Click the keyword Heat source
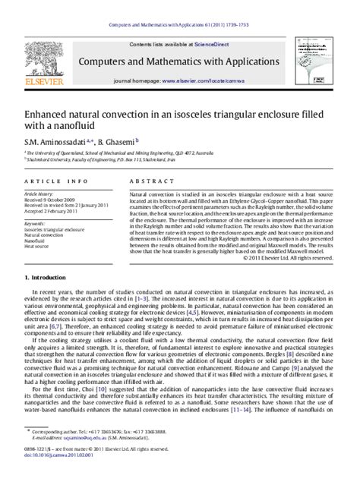point(37,247)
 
